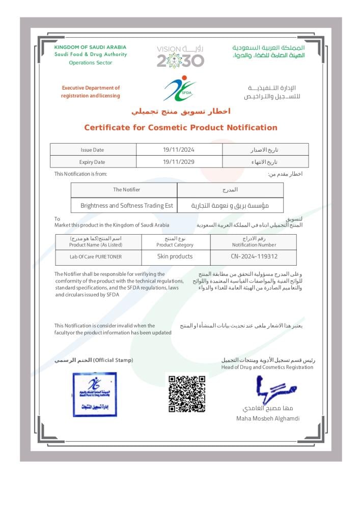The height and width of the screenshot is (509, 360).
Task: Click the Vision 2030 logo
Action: click(x=180, y=56)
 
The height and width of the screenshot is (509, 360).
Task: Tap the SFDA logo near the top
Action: click(x=180, y=89)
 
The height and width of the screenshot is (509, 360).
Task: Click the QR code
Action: click(x=187, y=393)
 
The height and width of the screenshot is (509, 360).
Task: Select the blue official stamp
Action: click(x=94, y=394)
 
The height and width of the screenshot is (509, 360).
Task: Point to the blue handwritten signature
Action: click(x=275, y=390)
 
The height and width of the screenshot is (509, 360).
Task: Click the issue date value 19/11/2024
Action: click(x=179, y=150)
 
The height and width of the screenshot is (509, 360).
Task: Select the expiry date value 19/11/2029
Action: click(x=179, y=162)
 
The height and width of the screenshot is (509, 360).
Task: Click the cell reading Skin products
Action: click(x=175, y=257)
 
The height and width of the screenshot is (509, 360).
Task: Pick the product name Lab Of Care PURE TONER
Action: click(x=96, y=257)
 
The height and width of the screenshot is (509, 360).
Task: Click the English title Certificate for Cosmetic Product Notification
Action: click(x=181, y=128)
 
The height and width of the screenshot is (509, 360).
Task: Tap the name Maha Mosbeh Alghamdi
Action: click(x=268, y=418)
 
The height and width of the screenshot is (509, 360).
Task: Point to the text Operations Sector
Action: click(x=90, y=63)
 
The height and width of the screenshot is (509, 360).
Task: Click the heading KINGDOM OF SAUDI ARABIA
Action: click(x=90, y=47)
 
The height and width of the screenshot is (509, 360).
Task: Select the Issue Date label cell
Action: click(x=92, y=150)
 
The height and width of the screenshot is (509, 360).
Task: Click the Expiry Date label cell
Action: click(x=92, y=162)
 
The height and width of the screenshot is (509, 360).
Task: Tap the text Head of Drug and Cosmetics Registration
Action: click(x=267, y=367)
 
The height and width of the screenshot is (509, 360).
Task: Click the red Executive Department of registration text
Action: click(x=91, y=92)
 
